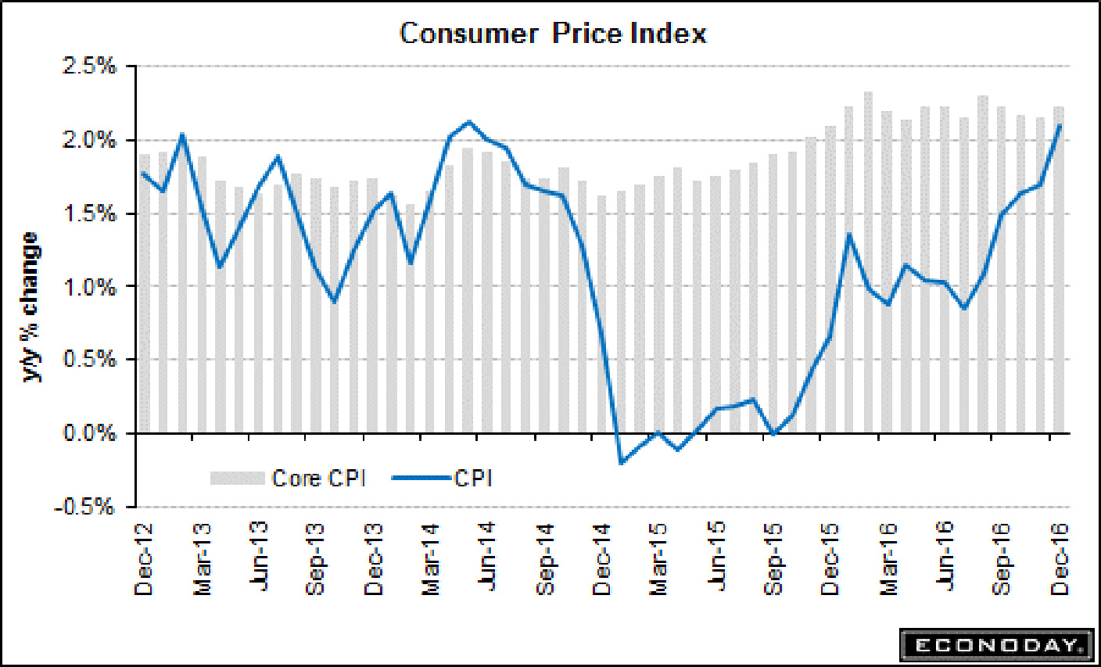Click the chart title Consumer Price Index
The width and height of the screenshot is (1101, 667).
[x=553, y=34]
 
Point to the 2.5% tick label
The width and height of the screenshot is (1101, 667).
[x=88, y=66]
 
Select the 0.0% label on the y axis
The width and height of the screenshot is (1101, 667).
[x=88, y=433]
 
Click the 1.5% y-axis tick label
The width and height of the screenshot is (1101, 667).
[x=88, y=213]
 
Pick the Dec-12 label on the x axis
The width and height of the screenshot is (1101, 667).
[x=145, y=560]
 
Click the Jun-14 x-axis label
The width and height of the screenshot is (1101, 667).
[x=489, y=558]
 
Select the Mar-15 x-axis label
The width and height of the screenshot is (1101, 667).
[x=659, y=560]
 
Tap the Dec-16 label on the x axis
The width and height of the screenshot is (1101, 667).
[x=1060, y=560]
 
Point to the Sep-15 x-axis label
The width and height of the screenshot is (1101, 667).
[x=773, y=560]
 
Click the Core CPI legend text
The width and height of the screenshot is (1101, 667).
[x=318, y=478]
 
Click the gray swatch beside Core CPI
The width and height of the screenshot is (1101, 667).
[x=237, y=478]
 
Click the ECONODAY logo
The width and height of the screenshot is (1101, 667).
[x=997, y=645]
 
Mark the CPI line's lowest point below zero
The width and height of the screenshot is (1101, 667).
[x=622, y=463]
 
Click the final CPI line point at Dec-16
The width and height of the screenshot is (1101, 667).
[x=1060, y=125]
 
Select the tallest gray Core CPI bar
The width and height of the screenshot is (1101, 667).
[x=868, y=262]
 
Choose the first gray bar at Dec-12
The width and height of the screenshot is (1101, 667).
[x=145, y=293]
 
